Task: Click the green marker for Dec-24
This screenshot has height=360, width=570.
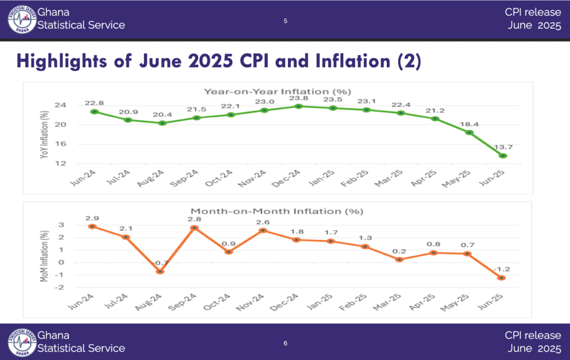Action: pyautogui.click(x=299, y=106)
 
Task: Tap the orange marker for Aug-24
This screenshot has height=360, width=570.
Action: pyautogui.click(x=160, y=272)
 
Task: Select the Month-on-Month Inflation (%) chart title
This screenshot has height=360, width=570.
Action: pyautogui.click(x=277, y=211)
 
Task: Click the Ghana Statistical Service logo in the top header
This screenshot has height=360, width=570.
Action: pyautogui.click(x=21, y=19)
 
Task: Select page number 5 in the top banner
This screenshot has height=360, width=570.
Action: pyautogui.click(x=286, y=21)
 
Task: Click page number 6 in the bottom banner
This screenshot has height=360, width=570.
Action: pyautogui.click(x=286, y=343)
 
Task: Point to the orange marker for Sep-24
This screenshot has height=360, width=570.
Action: pyautogui.click(x=194, y=228)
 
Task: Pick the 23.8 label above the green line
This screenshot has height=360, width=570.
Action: pyautogui.click(x=299, y=97)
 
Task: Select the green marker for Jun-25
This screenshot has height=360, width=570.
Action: pyautogui.click(x=503, y=156)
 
